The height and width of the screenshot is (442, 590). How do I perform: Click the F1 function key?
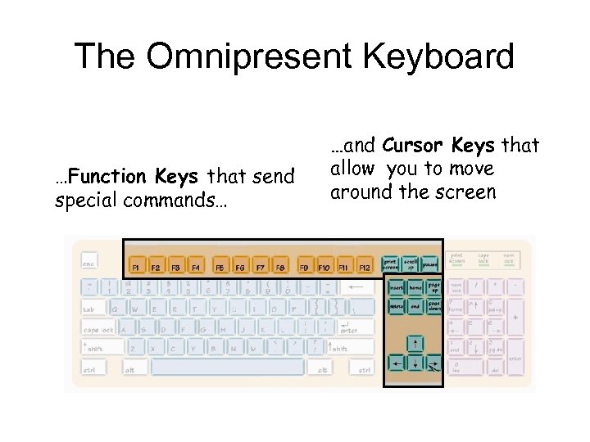point(136,267)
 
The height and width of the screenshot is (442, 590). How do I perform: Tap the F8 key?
point(280,267)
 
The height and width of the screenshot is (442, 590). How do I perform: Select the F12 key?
point(365,267)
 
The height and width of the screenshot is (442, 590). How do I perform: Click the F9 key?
point(304,267)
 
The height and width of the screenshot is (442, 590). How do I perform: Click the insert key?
point(396,286)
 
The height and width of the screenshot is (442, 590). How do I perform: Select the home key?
point(415,286)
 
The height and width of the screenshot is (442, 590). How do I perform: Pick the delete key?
point(396,305)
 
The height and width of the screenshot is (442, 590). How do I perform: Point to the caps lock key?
point(99,329)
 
